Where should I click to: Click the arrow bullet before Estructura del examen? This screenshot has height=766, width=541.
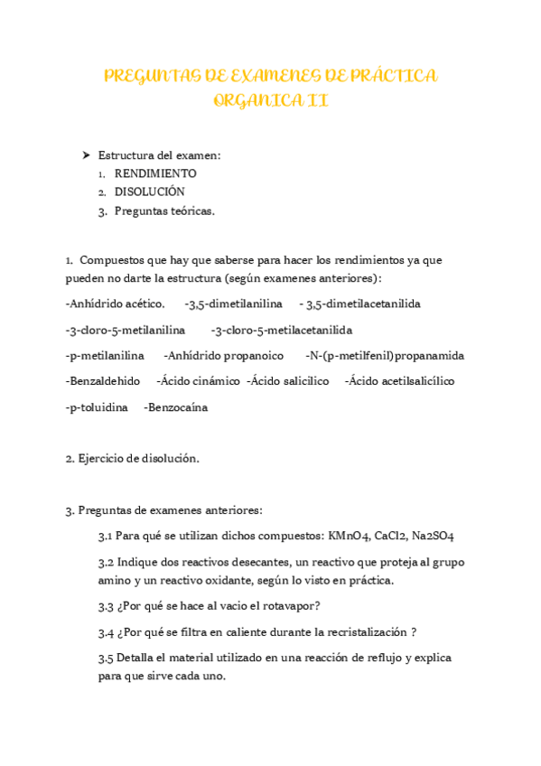(87, 155)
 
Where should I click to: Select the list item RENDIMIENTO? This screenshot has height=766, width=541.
(155, 173)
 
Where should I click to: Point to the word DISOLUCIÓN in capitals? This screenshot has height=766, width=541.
(149, 191)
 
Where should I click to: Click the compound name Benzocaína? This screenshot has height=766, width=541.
(176, 407)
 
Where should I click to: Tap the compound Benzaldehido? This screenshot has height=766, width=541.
(103, 380)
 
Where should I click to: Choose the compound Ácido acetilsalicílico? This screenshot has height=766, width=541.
(400, 380)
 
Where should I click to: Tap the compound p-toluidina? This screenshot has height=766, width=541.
(97, 407)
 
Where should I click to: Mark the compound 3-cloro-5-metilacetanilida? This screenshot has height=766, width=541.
(283, 330)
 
